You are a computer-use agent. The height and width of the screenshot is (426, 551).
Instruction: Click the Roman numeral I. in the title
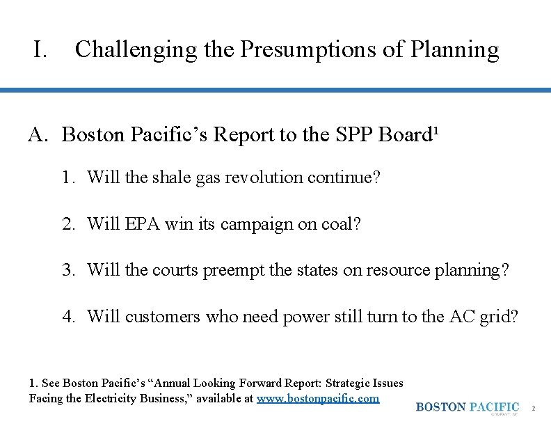[x=40, y=50]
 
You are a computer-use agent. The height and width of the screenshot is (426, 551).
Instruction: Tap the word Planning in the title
[x=455, y=50]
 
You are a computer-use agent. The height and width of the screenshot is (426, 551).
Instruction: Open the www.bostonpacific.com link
[x=318, y=399]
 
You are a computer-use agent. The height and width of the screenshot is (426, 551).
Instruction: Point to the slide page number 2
[x=533, y=408]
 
